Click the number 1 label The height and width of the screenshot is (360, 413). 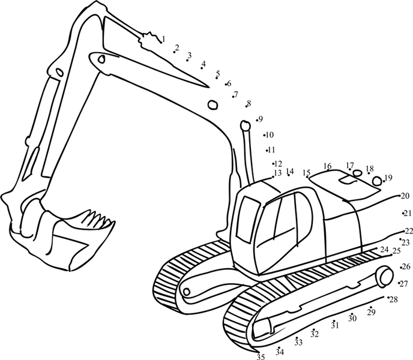coord(163,39)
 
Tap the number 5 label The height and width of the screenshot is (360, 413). coord(218,73)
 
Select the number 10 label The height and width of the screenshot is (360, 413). coord(270,135)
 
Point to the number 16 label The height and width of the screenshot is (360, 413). coord(327,166)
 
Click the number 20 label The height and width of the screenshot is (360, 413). coord(406,196)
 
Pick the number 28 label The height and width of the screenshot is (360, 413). coord(394,299)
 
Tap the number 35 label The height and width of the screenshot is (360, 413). coord(261,357)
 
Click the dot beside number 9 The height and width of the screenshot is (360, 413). coord(257,121)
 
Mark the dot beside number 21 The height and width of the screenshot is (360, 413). coord(403,214)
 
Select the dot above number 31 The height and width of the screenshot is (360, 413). coord(334,321)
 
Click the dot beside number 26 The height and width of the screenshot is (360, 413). coord(401,268)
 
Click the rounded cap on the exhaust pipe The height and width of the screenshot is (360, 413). coord(245,125)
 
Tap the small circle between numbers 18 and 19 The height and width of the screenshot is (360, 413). coord(377,181)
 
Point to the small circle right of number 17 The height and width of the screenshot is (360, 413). coord(357,173)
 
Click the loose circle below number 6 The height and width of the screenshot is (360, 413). coord(213,104)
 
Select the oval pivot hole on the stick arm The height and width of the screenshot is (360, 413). coord(60,72)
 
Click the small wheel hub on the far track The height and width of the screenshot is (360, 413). coord(187,292)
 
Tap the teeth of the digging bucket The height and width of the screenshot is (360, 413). coord(99,218)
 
